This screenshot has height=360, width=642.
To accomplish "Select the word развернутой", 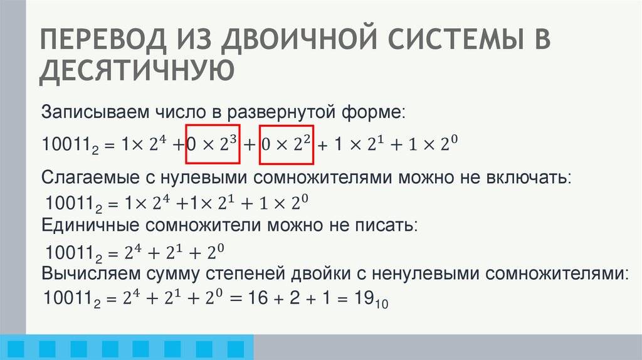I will click(x=278, y=114).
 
